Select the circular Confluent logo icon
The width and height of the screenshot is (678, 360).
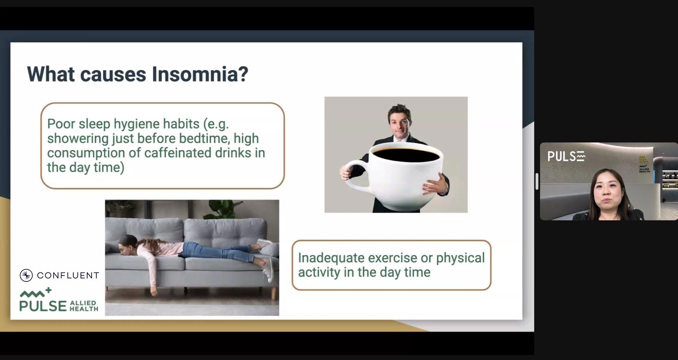click(x=26, y=275)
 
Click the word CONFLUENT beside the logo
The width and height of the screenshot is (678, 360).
click(x=68, y=276)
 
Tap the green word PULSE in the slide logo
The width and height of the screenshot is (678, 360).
click(x=43, y=306)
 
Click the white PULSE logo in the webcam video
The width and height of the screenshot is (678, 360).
click(x=567, y=156)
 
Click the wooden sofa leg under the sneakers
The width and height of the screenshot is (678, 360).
click(x=274, y=293)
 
